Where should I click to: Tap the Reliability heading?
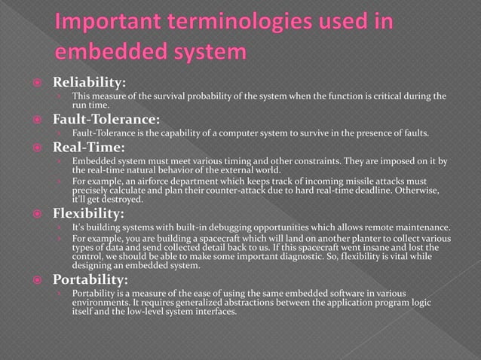88,82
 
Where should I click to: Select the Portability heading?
90,279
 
